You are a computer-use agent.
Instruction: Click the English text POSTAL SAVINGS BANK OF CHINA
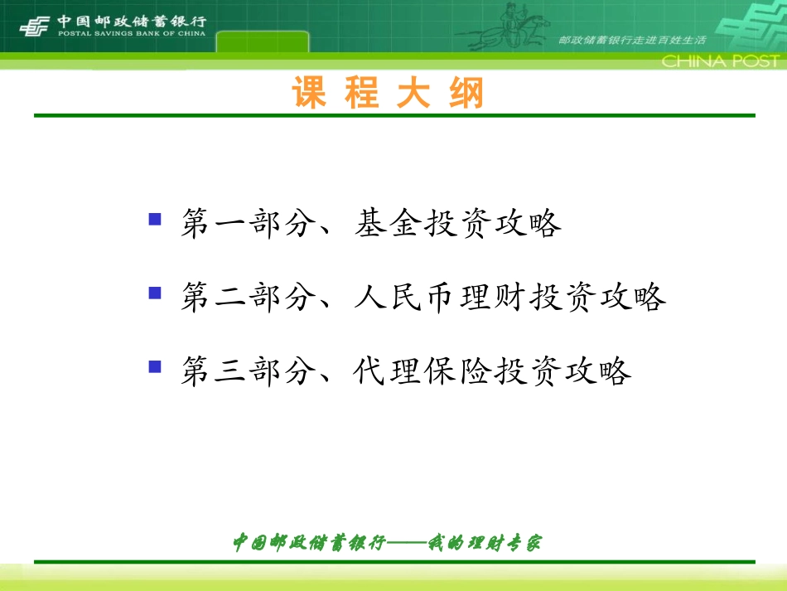132,34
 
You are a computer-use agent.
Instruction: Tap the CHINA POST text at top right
720,61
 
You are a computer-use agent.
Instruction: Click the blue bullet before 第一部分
154,220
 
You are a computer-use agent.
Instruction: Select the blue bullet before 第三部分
154,366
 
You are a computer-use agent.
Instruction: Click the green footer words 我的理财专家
485,543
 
